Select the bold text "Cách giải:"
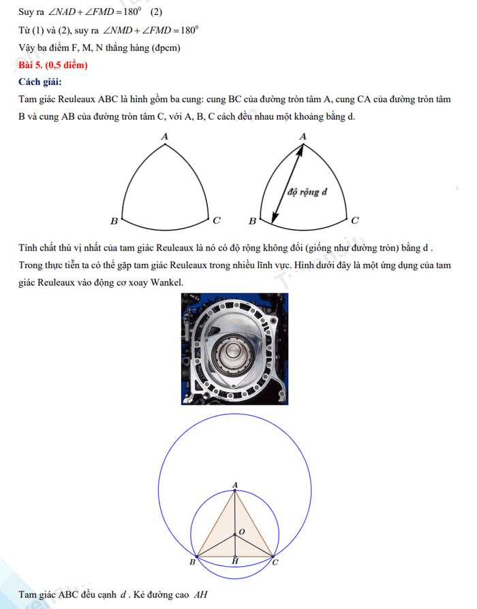42,82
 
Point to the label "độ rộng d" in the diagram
308,192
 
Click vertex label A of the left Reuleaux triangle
164,137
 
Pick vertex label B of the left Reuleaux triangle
114,221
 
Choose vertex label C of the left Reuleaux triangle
216,220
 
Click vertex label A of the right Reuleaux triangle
303,137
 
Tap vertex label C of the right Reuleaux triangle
355,220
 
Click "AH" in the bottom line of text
200,594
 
